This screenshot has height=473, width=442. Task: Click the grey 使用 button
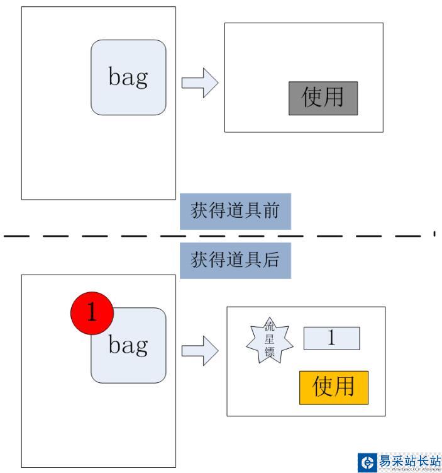click(323, 98)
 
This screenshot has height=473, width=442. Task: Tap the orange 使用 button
click(333, 387)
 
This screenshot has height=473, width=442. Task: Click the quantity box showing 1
click(331, 338)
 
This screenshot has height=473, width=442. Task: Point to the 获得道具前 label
click(235, 211)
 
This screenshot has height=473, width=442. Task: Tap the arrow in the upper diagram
click(199, 84)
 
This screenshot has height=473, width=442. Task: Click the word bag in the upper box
click(128, 77)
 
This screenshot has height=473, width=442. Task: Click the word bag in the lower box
click(128, 345)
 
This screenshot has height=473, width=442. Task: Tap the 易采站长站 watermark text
click(409, 461)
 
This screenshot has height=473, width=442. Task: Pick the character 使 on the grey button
click(312, 98)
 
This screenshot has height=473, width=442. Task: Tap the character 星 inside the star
click(270, 339)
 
